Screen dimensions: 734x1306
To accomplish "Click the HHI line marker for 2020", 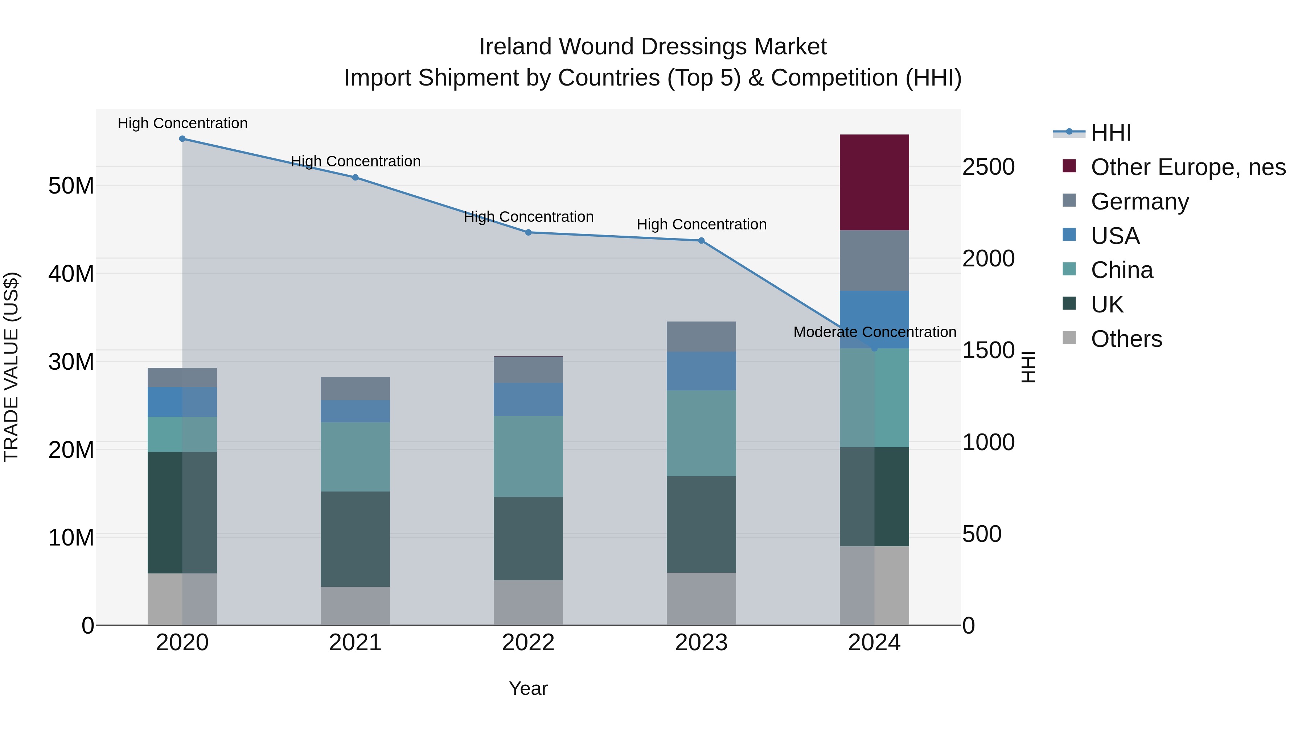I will click(182, 139).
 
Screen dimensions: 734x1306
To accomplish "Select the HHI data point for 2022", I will click(528, 232).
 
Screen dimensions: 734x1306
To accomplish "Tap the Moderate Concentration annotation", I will click(875, 332).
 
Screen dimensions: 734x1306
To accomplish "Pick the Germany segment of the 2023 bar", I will click(701, 336).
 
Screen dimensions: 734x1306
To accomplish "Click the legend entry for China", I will click(1121, 270).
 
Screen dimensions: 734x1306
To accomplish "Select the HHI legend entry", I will click(1110, 133).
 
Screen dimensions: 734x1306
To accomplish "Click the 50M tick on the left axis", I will click(71, 186).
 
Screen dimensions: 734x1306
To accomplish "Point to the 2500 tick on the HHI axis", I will click(988, 167).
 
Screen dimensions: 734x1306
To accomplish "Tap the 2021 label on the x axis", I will click(355, 643).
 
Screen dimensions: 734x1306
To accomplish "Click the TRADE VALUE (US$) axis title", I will click(11, 367).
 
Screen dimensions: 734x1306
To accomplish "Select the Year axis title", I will click(528, 688).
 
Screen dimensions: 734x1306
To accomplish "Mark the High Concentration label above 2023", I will click(701, 224).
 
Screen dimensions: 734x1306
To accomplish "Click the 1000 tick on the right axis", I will click(988, 442).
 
